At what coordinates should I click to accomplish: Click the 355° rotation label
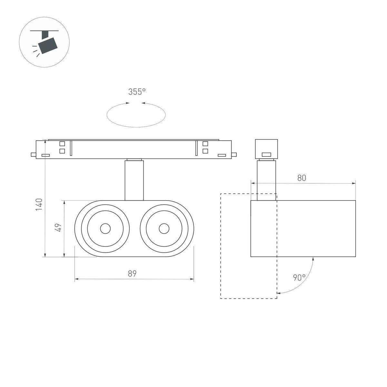coord(137,92)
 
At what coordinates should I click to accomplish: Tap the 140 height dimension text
coord(39,205)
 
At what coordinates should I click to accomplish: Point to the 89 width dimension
coord(132,274)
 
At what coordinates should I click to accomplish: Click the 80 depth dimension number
coord(302,178)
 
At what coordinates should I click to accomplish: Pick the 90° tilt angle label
coord(299,277)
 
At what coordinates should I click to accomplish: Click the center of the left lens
coord(105,229)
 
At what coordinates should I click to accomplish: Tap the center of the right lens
coord(164,229)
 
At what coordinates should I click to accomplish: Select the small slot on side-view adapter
coord(266,154)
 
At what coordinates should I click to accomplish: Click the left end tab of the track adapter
coord(33,154)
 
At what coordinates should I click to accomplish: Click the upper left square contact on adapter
coord(62,144)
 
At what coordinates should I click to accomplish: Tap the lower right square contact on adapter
coord(205,151)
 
